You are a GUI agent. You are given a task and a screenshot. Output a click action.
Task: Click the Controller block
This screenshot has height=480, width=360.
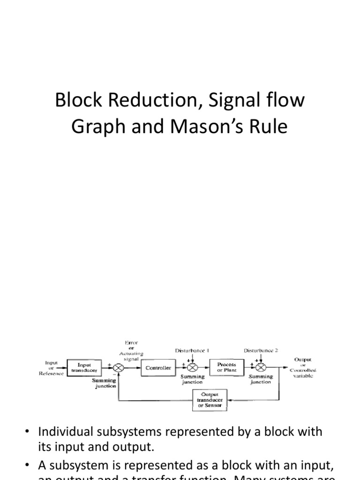click(x=158, y=368)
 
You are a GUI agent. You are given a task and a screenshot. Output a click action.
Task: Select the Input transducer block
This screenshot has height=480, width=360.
click(x=84, y=367)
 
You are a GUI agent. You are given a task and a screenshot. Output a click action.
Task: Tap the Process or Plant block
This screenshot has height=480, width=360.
click(x=226, y=367)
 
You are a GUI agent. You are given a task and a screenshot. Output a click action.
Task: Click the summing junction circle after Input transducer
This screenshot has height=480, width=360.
click(x=119, y=368)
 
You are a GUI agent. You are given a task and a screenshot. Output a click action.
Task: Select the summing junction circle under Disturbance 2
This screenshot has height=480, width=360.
click(x=261, y=368)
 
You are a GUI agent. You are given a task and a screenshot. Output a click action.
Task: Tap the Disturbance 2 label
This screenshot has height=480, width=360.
click(x=262, y=351)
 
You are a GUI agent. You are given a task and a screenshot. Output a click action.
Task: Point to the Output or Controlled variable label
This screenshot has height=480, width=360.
click(x=303, y=367)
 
